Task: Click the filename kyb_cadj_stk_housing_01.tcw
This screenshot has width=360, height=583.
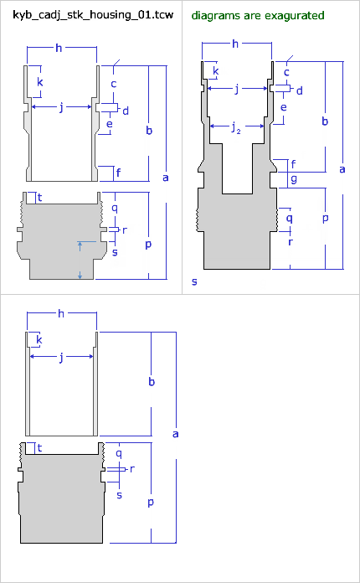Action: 93,15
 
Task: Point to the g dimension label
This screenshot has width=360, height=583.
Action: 294,179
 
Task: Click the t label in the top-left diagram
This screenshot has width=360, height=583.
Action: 39,198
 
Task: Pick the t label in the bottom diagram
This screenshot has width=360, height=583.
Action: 39,448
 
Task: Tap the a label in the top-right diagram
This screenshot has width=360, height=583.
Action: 342,169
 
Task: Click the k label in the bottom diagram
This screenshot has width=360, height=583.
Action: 39,339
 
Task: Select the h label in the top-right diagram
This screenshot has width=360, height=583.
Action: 235,44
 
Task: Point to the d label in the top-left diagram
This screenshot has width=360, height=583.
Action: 126,111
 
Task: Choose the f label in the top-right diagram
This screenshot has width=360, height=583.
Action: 294,164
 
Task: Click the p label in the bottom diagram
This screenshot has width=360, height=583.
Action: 151,503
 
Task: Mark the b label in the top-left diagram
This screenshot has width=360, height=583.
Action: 149,131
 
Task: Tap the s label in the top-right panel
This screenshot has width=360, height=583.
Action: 194,281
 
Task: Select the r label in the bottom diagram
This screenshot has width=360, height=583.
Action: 132,469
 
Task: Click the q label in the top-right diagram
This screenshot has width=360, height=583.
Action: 289,219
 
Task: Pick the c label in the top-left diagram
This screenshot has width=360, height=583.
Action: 114,84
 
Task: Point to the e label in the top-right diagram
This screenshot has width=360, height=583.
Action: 284,107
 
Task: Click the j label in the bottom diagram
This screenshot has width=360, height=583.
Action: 61,357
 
